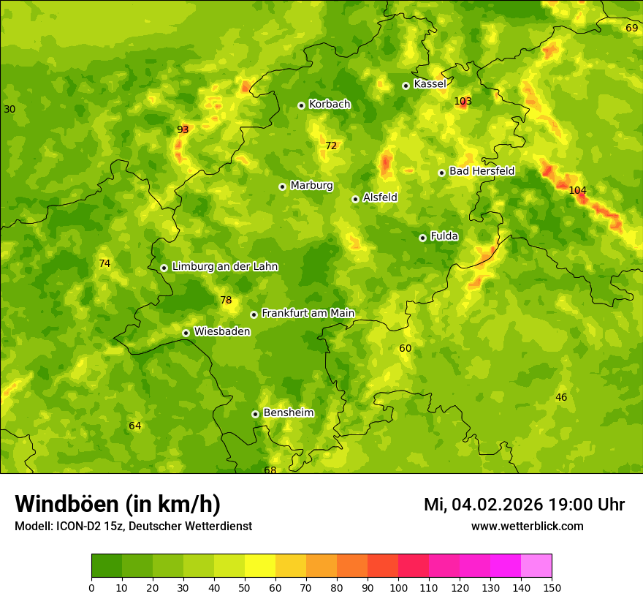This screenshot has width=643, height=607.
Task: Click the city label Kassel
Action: [430, 84]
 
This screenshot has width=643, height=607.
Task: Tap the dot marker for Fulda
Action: [422, 238]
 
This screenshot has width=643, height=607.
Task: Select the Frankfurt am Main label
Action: [308, 313]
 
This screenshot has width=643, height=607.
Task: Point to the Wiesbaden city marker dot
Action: [186, 333]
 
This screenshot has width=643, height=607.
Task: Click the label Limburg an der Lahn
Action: [224, 267]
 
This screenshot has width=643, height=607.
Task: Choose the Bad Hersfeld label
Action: [482, 171]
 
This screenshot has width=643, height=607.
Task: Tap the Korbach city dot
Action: [301, 105]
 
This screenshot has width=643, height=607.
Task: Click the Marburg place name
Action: [311, 186]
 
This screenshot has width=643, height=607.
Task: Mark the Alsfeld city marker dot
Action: [355, 199]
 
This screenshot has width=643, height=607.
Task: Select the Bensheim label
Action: [288, 412]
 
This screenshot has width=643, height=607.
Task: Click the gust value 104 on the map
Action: [577, 190]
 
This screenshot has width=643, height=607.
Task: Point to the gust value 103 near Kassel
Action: [463, 101]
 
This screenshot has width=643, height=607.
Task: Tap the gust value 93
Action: [183, 129]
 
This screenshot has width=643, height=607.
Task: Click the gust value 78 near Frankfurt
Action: [226, 300]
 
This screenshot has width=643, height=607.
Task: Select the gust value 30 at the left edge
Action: [9, 109]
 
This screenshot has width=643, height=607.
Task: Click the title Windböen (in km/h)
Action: [118, 504]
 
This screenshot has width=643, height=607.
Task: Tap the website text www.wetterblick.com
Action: [527, 526]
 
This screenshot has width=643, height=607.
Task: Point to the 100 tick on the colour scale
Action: [398, 587]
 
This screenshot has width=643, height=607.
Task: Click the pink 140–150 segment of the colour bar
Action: [536, 565]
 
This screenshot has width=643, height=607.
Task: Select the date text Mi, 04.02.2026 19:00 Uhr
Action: [524, 505]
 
